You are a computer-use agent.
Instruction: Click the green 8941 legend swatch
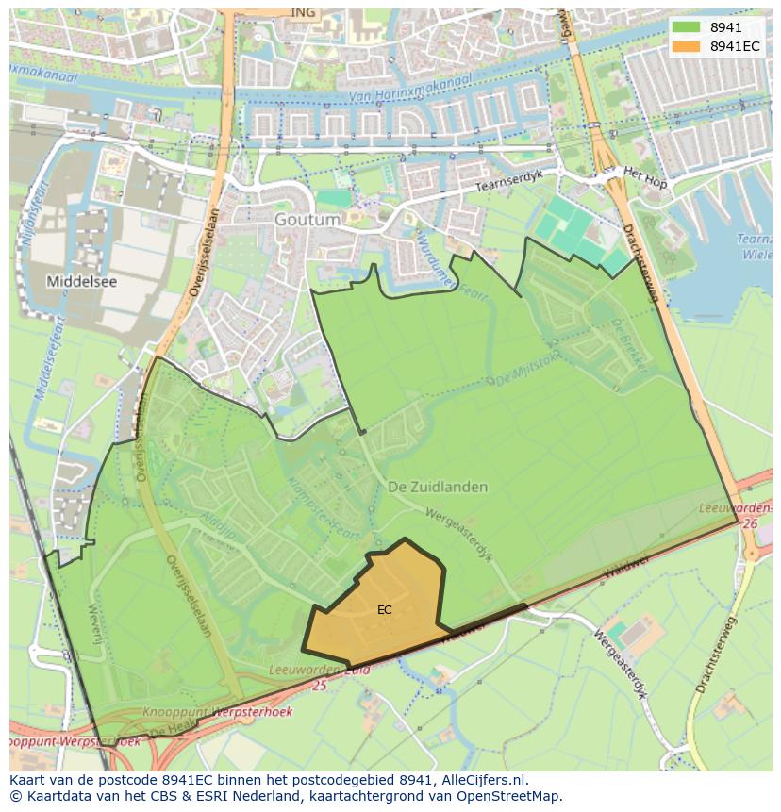coord(686,27)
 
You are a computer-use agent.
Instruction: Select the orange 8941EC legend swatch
coord(686,46)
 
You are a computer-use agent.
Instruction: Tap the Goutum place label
coord(307,220)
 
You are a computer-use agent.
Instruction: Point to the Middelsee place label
coord(83,281)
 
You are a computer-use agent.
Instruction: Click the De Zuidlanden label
coord(438,487)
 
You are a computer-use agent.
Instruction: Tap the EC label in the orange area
coord(384,610)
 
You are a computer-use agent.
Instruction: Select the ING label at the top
coord(303,12)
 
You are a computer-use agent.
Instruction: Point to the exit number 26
coord(750,523)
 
